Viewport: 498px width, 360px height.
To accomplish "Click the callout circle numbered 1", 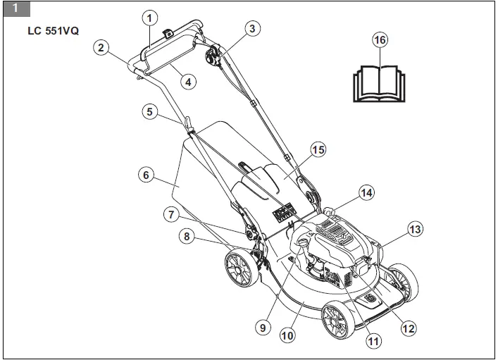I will pyautogui.click(x=149, y=17).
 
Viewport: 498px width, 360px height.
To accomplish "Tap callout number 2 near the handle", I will pyautogui.click(x=101, y=47).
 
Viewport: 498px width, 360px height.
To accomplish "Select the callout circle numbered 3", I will pyautogui.click(x=251, y=29).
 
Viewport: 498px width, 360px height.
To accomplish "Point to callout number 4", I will pyautogui.click(x=187, y=81).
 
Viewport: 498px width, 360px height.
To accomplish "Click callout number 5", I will pyautogui.click(x=149, y=111).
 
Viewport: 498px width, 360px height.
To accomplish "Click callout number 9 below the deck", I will pyautogui.click(x=261, y=327).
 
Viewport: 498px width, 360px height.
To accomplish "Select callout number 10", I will pyautogui.click(x=287, y=336).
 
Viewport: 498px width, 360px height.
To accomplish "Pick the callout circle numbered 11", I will pyautogui.click(x=373, y=341).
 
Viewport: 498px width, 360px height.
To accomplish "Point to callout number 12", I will pyautogui.click(x=409, y=327).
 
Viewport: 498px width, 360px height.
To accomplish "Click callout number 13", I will pyautogui.click(x=416, y=228).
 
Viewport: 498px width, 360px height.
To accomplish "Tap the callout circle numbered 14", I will pyautogui.click(x=366, y=192).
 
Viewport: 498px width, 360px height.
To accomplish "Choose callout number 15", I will pyautogui.click(x=318, y=149).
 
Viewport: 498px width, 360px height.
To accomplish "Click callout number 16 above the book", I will pyautogui.click(x=380, y=40).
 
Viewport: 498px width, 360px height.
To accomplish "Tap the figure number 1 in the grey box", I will pyautogui.click(x=15, y=8).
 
